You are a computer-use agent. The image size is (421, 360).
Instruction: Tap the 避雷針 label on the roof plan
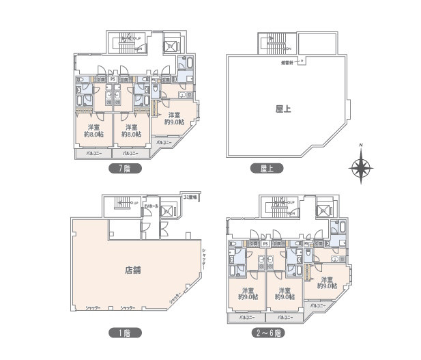click(287, 63)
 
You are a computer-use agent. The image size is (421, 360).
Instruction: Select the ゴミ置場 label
click(190, 196)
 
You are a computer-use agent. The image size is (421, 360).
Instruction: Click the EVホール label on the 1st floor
click(151, 206)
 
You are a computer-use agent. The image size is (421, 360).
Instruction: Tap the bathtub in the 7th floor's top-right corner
click(189, 66)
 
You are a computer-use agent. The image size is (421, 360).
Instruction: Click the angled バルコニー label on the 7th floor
click(164, 142)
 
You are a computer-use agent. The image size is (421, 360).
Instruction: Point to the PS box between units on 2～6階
click(265, 243)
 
